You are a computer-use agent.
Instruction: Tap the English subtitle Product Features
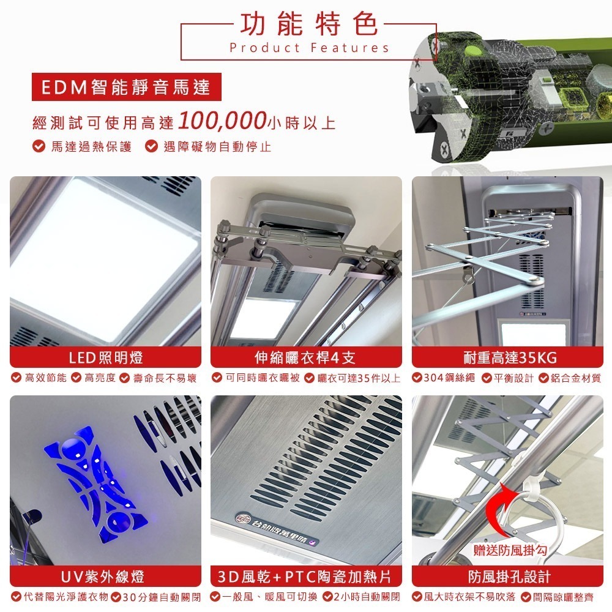(x=309, y=48)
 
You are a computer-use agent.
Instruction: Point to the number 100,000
(x=222, y=121)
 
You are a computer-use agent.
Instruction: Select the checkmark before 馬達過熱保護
(x=38, y=147)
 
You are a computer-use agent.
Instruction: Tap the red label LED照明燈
(x=105, y=357)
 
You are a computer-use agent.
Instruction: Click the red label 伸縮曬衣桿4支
(x=306, y=357)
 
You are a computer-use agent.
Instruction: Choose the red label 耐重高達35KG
(x=507, y=357)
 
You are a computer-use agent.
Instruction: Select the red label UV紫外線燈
(x=105, y=577)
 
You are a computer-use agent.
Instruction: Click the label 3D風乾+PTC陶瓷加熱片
(x=306, y=577)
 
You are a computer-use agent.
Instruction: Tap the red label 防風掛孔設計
(x=507, y=577)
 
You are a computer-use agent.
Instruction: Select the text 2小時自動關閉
(x=365, y=597)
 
